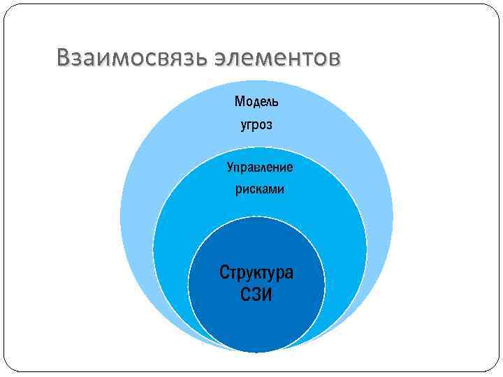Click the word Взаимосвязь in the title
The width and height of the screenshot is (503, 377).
click(129, 59)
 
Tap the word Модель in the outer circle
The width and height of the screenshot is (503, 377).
click(256, 102)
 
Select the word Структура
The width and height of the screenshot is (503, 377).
click(256, 272)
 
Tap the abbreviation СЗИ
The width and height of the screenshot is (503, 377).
click(256, 295)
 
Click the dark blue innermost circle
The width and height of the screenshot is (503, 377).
click(256, 321)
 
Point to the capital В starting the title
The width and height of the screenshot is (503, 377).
click(64, 59)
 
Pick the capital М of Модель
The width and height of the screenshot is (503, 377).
click(240, 102)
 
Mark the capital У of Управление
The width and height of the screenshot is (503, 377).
click(230, 168)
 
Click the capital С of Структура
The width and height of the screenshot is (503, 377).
click(224, 272)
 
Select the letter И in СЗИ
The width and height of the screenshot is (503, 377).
click(267, 295)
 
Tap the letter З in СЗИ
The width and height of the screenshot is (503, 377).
click(256, 295)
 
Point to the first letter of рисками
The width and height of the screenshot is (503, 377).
click(238, 191)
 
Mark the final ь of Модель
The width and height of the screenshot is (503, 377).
click(275, 103)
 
